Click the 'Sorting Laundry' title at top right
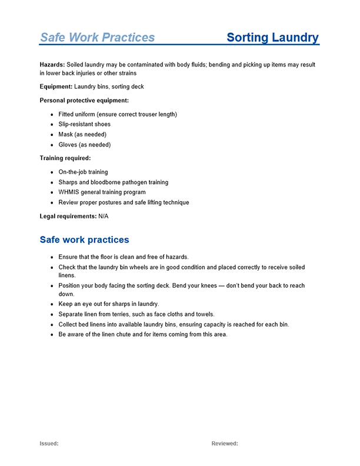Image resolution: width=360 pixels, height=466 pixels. [272, 38]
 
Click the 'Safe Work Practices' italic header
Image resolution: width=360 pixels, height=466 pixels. [97, 38]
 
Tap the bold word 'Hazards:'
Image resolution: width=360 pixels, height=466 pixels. [52, 64]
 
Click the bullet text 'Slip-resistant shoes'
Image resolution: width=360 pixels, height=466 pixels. [84, 124]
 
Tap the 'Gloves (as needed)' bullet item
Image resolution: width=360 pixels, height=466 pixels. [84, 145]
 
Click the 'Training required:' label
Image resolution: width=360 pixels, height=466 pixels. [65, 158]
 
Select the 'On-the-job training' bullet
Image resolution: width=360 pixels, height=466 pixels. [83, 172]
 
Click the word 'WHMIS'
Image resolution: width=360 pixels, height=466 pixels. [69, 192]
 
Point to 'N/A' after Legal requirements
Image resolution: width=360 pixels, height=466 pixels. [103, 216]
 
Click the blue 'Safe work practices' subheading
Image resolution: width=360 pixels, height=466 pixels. [84, 240]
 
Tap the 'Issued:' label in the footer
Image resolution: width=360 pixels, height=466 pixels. [49, 444]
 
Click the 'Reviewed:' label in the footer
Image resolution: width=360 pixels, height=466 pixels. [225, 444]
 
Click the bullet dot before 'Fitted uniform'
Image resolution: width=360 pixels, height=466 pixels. [52, 115]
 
